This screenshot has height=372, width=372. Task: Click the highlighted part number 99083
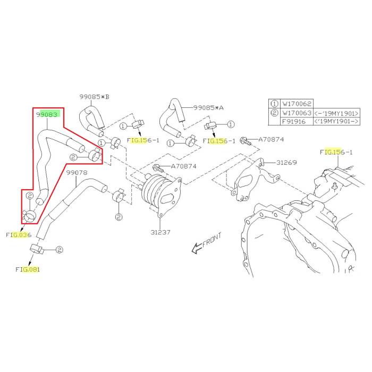[48, 114]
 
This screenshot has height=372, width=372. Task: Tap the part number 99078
[77, 173]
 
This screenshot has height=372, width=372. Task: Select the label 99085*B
[94, 97]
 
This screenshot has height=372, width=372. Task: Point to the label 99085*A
[208, 107]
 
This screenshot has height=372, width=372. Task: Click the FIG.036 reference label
[19, 234]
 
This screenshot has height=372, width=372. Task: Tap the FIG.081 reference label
[28, 269]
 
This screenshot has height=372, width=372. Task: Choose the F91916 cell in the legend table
[295, 122]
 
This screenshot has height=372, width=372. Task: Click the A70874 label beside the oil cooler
[183, 166]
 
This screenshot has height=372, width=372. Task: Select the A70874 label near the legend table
[271, 140]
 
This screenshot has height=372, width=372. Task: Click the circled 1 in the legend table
[274, 104]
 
